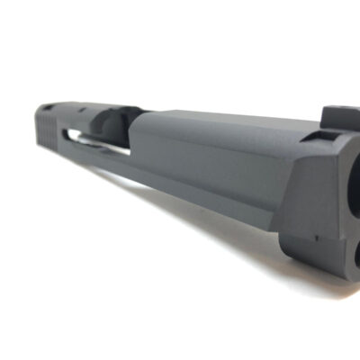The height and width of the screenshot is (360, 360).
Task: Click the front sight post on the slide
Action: [x=334, y=116]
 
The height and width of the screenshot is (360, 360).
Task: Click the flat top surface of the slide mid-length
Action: [x=216, y=123]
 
